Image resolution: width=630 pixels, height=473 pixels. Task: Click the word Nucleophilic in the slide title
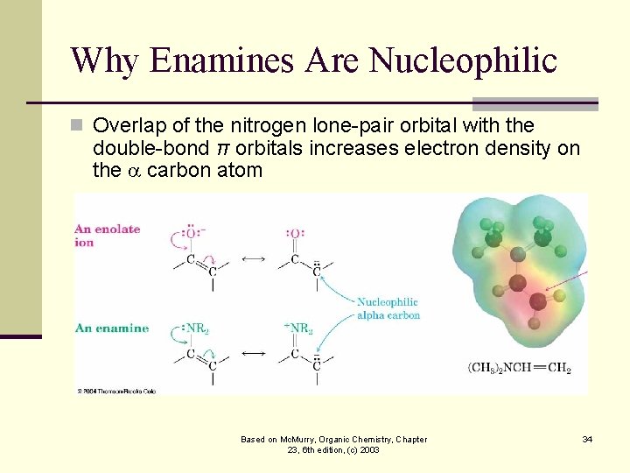click(463, 60)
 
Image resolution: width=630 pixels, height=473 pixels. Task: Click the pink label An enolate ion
click(107, 236)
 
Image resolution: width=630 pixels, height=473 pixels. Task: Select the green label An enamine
click(112, 328)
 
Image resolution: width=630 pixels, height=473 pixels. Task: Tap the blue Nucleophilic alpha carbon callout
click(388, 308)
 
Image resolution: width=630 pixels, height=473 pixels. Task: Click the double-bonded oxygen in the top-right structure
click(295, 233)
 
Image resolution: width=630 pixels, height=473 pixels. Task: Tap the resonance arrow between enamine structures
click(253, 354)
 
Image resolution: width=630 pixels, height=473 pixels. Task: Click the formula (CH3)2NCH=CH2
click(519, 369)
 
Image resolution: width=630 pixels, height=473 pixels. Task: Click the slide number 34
click(586, 439)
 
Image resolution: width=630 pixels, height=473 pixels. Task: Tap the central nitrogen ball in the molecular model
click(517, 282)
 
